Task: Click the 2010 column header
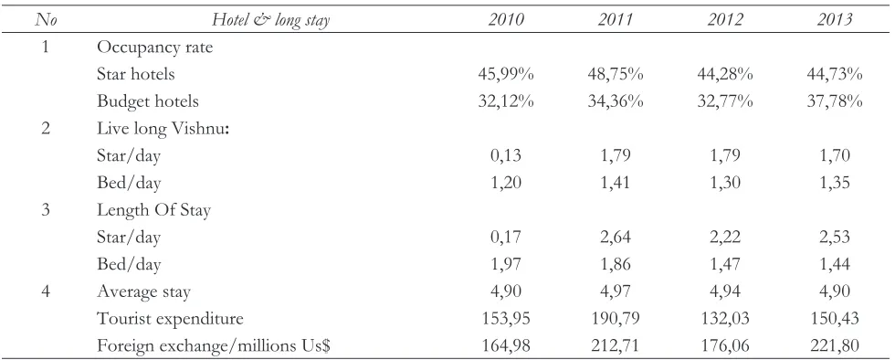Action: pyautogui.click(x=506, y=19)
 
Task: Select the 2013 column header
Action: pyautogui.click(x=835, y=19)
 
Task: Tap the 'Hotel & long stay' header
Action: pyautogui.click(x=271, y=20)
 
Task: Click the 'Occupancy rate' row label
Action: pyautogui.click(x=154, y=48)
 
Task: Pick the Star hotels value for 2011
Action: pyautogui.click(x=616, y=74)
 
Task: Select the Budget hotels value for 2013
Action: pyautogui.click(x=835, y=101)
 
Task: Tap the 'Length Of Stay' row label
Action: pyautogui.click(x=154, y=210)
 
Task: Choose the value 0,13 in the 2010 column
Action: pyautogui.click(x=506, y=156)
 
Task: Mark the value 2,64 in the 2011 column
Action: pyautogui.click(x=616, y=238)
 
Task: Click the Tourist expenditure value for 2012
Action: pyautogui.click(x=725, y=319)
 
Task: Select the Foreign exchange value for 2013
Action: pyautogui.click(x=835, y=346)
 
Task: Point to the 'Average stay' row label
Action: pyautogui.click(x=144, y=292)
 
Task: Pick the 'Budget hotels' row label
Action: pyautogui.click(x=148, y=101)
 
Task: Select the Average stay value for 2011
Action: pyautogui.click(x=616, y=292)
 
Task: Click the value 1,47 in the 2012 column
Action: pyautogui.click(x=725, y=265)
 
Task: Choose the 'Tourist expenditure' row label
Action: pyautogui.click(x=170, y=319)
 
